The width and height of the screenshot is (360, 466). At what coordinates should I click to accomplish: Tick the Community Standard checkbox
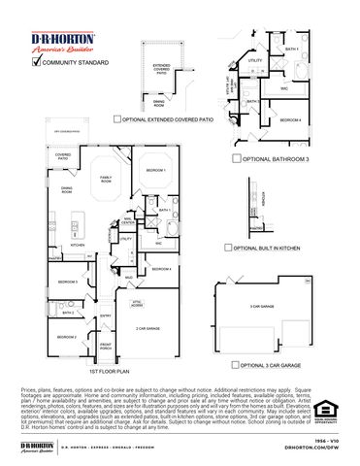pos(38,62)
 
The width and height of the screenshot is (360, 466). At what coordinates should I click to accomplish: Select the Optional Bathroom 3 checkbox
pos(236,156)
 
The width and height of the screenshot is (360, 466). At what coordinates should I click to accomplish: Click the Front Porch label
pos(106,348)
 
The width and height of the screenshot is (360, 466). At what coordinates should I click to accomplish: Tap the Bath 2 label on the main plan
pos(68,313)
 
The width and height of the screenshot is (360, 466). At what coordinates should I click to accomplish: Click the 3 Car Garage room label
pos(260,307)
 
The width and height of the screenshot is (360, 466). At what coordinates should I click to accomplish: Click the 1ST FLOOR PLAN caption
pos(117,372)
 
